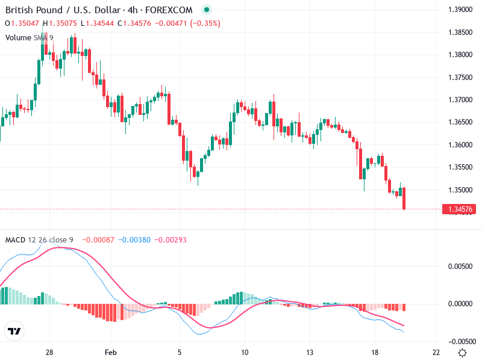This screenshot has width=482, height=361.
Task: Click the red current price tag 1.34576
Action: click(460, 209)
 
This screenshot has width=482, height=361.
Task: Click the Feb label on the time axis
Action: click(110, 352)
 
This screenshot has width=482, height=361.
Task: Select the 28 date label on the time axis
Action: click(49, 352)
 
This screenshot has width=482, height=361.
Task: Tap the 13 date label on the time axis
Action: click(310, 352)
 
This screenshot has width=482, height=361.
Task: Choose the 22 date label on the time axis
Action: click(436, 352)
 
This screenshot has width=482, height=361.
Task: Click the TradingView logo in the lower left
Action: click(14, 332)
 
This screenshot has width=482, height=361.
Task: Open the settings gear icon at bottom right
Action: click(462, 352)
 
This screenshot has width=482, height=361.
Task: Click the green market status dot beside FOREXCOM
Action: click(207, 10)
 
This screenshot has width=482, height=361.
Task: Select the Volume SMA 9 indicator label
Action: click(30, 37)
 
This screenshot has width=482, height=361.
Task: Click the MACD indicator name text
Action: click(15, 240)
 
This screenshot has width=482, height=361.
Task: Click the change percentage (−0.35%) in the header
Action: click(205, 23)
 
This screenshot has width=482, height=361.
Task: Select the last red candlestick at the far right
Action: click(404, 199)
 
